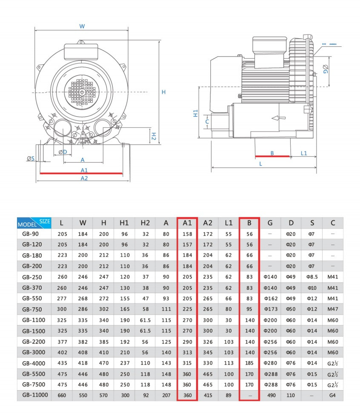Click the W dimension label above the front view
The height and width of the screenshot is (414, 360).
[x=82, y=26]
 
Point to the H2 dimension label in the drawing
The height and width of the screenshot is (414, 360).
[x=154, y=136]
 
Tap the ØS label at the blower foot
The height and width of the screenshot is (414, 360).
[x=31, y=158]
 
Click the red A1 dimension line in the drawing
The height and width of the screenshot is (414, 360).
[x=81, y=174]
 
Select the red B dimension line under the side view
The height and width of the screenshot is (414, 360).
[x=272, y=157]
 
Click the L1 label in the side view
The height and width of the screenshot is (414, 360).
[x=304, y=153]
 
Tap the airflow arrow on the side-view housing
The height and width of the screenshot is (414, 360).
[x=277, y=118]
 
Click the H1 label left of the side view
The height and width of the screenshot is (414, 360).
[x=195, y=113]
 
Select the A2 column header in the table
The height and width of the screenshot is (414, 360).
[x=208, y=223]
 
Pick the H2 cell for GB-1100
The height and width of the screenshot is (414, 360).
[x=145, y=319]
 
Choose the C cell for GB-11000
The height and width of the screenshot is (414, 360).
[x=333, y=395]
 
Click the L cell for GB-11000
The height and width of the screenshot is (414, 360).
[x=62, y=395]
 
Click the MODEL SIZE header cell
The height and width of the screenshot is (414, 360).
[x=34, y=223]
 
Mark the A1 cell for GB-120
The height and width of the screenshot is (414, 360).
[x=187, y=245]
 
